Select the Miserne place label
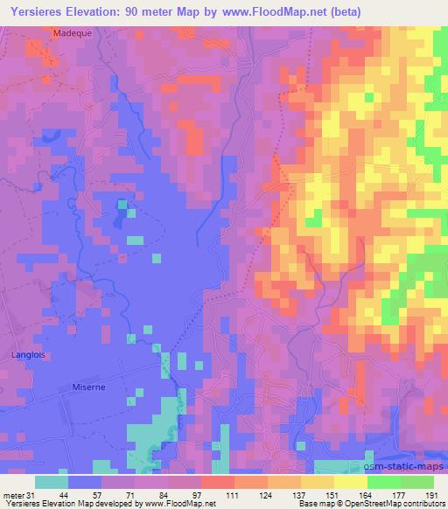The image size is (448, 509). pos(88,387)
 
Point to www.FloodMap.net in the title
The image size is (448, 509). pos(276,10)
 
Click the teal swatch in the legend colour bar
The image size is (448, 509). pos(52,482)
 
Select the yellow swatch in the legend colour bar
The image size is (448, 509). pos(349,482)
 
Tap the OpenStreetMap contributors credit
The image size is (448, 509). pos(395,504)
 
